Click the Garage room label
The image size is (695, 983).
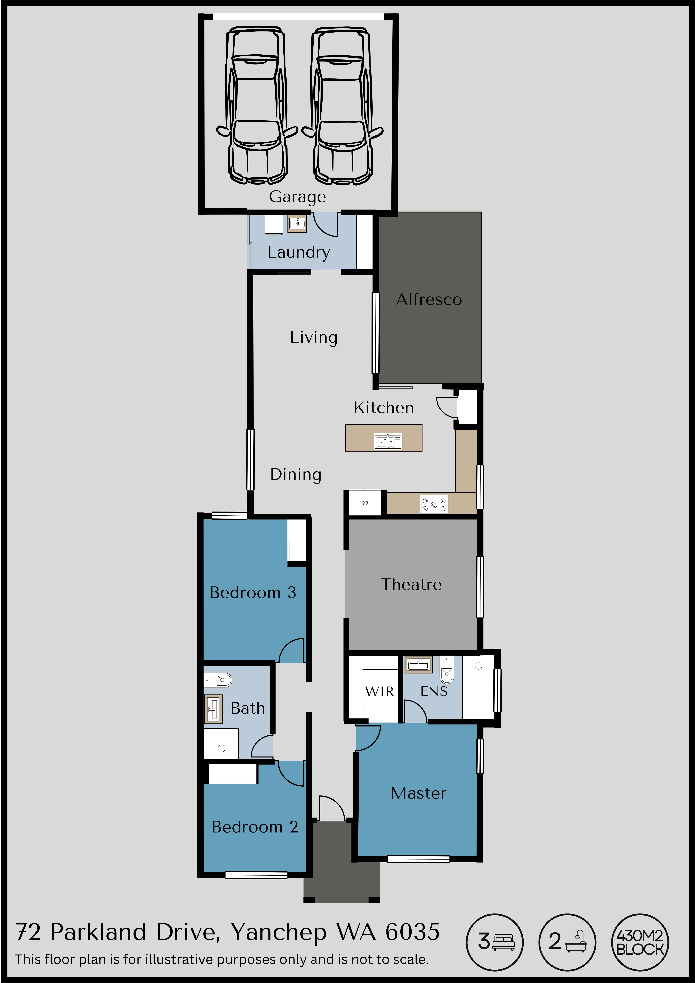[x=297, y=196]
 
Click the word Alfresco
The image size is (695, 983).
[x=429, y=299]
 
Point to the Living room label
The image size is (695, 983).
[x=314, y=337]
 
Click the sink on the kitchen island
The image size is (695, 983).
[x=388, y=441]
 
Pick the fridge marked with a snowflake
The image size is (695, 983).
[x=365, y=503]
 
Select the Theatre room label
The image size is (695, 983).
[x=411, y=584]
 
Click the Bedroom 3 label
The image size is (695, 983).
[x=253, y=592]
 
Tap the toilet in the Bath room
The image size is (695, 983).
[x=218, y=680]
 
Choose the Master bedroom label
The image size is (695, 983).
[x=419, y=793]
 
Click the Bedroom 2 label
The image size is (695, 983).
[x=255, y=827]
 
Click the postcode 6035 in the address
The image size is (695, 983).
[x=412, y=932]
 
